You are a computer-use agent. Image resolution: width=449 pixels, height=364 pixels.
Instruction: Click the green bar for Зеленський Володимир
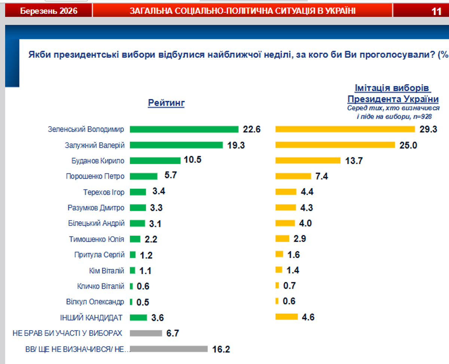click(x=184, y=129)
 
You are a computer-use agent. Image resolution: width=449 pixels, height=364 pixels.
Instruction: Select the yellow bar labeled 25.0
click(x=335, y=145)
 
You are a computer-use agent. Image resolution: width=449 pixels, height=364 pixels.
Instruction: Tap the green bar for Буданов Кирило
click(x=155, y=161)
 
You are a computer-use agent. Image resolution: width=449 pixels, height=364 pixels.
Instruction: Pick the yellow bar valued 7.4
click(x=293, y=176)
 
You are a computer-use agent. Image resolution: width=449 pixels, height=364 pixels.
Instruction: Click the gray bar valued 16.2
click(x=169, y=349)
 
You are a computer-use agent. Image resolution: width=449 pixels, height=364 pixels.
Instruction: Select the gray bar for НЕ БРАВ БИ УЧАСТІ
click(x=146, y=333)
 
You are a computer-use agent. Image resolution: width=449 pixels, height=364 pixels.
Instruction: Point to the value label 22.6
click(x=251, y=130)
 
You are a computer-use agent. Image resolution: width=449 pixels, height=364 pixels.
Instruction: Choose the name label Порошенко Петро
click(x=95, y=176)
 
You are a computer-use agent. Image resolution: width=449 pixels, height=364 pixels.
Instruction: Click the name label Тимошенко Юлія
click(x=97, y=239)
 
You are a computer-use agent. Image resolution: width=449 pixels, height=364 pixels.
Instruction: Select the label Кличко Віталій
click(x=101, y=286)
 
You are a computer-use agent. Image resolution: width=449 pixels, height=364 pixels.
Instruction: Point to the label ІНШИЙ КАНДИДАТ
click(x=91, y=318)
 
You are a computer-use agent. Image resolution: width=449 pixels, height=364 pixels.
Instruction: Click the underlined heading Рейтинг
click(x=167, y=103)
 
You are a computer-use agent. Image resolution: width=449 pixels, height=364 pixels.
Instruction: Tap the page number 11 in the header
click(x=437, y=11)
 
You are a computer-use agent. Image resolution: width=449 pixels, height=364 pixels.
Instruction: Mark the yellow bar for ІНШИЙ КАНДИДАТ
click(x=287, y=317)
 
